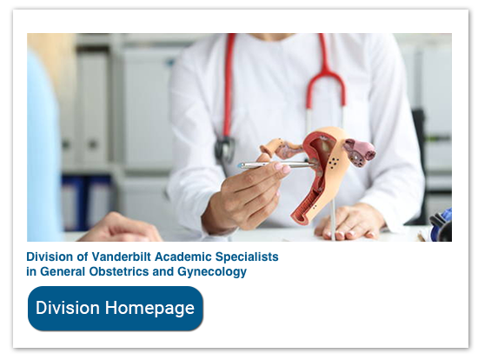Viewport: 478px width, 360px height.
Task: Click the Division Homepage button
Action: coord(116,309)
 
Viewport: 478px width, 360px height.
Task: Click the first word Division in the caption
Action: coord(49,257)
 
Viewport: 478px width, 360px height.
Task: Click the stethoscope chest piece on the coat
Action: coord(224,147)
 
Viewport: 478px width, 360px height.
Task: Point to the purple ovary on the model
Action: coord(359,152)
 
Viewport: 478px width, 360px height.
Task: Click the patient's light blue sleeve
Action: coord(44,157)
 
